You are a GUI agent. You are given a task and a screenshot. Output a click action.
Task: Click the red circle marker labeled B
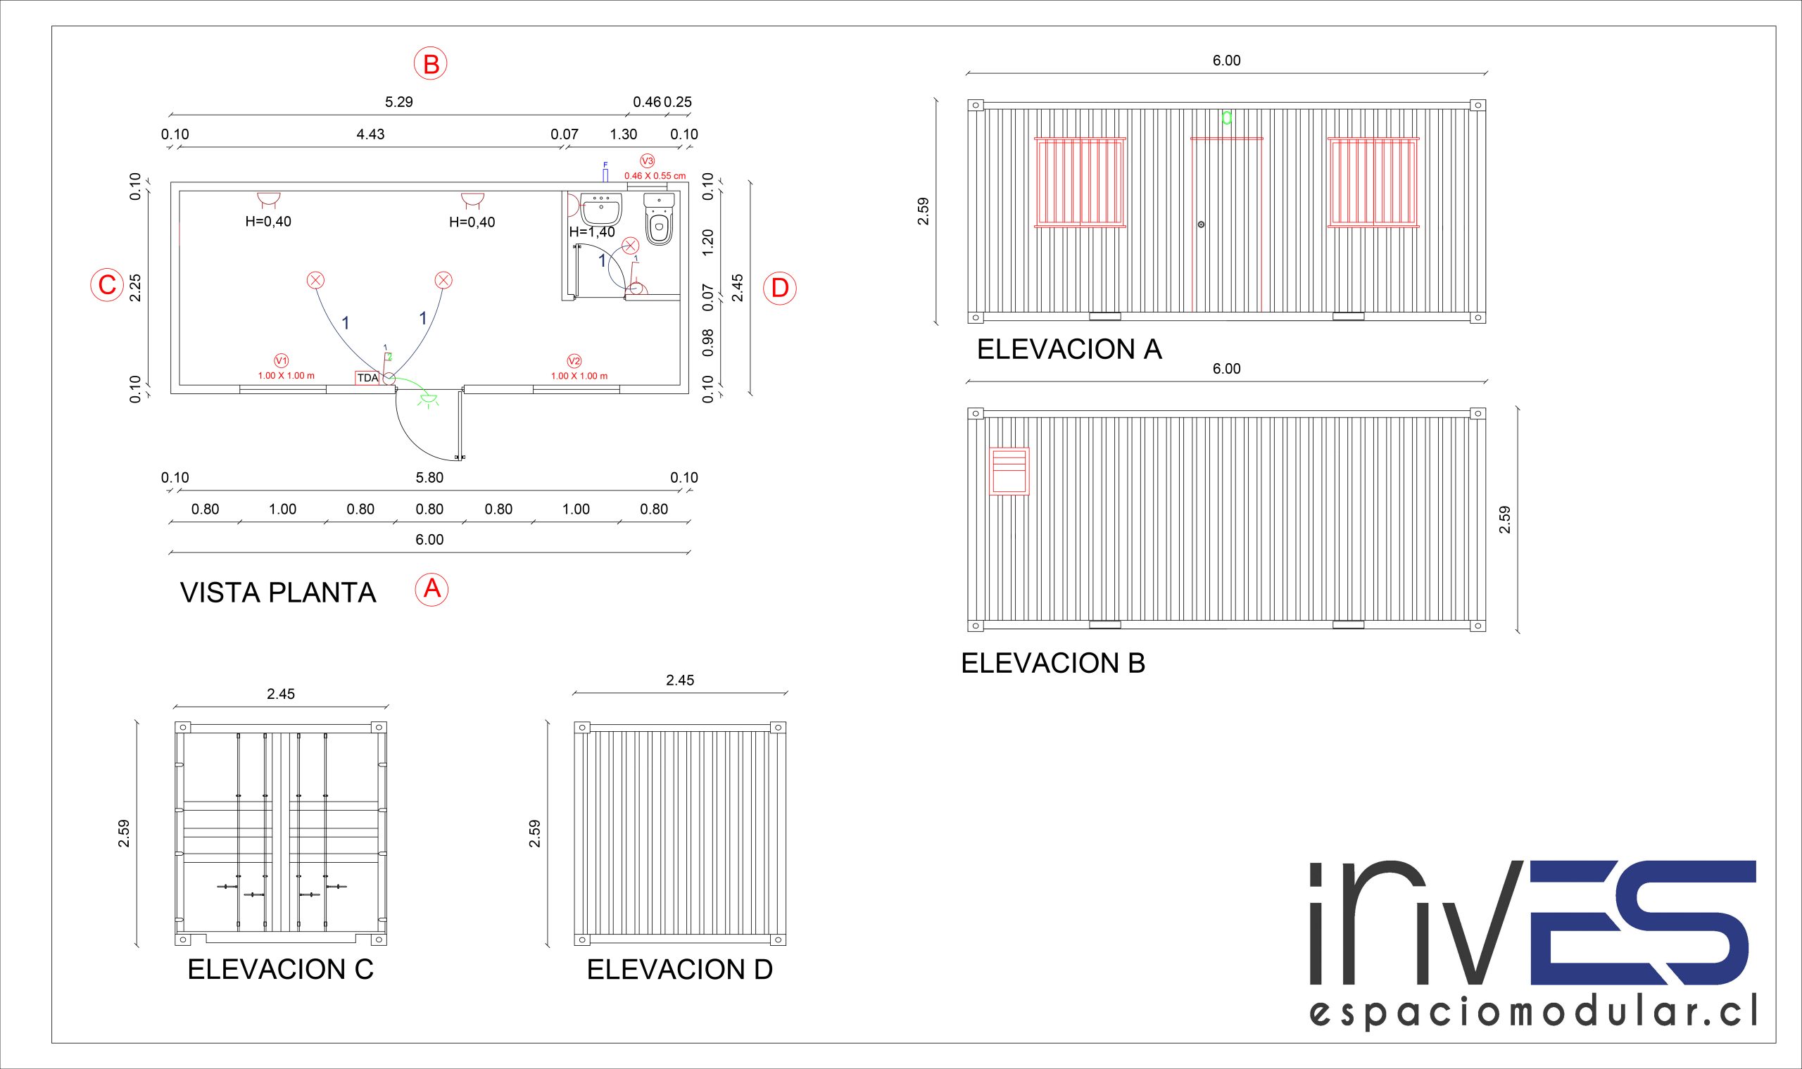[430, 64]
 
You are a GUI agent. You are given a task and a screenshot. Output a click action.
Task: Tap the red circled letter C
[106, 284]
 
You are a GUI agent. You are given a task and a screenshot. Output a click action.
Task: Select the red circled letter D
[780, 288]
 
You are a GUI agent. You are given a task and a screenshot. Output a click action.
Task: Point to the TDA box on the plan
[367, 378]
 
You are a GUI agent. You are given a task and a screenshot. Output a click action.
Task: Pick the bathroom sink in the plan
[602, 208]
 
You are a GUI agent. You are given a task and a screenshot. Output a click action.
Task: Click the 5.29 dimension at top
[398, 101]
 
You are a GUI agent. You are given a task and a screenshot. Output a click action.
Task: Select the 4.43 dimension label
[370, 134]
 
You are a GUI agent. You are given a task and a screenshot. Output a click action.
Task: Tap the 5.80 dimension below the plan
[429, 478]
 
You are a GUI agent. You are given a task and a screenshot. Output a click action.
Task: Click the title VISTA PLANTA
[278, 592]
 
